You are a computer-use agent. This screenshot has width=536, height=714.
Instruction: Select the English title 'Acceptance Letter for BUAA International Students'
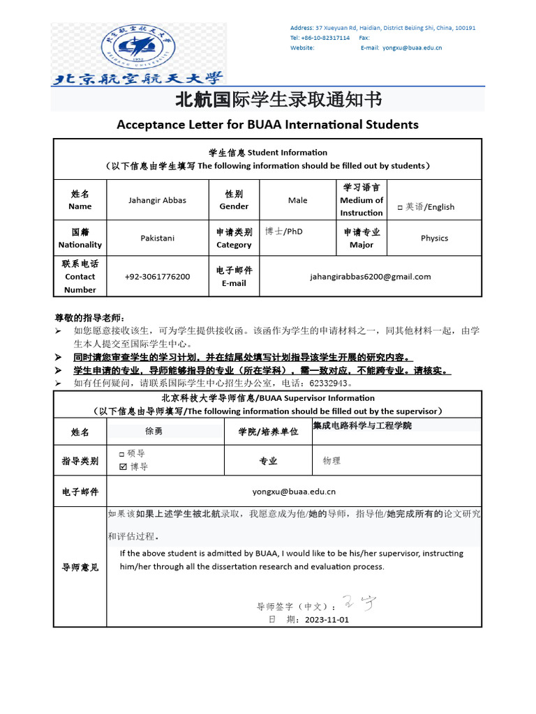tap(267, 125)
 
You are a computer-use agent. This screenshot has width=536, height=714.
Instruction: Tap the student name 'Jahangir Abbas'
tap(157, 200)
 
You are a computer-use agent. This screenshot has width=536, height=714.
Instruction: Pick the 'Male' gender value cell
tap(297, 200)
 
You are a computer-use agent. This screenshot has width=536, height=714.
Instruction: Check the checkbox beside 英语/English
tap(400, 207)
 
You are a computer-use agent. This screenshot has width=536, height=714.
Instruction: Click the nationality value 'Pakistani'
tap(157, 238)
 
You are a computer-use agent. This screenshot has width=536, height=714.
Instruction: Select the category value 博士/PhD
tap(284, 231)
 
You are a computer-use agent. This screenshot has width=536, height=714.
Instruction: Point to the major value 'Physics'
tap(434, 238)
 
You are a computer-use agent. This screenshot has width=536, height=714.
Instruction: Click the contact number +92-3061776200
tap(157, 276)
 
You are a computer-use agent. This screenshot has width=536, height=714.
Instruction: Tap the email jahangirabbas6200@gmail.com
tap(370, 276)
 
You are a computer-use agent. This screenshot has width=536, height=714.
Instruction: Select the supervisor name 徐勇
tap(154, 431)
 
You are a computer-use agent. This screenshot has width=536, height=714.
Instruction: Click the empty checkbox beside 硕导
tap(122, 454)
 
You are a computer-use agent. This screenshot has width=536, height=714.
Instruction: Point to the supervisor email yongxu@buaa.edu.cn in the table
tap(294, 491)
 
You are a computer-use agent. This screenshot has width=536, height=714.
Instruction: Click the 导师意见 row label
tap(80, 567)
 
